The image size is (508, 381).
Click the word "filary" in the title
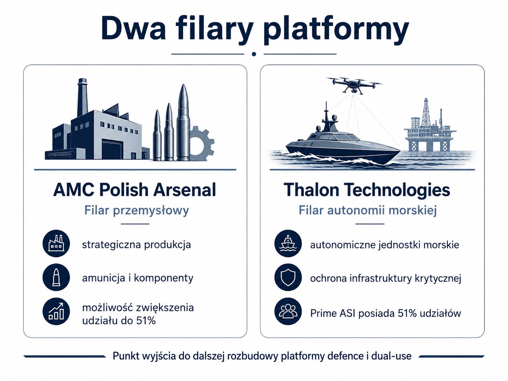(x=213, y=30)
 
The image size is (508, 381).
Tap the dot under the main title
(x=254, y=54)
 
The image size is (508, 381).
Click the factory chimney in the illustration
(x=82, y=97)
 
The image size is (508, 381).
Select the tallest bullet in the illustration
(x=183, y=122)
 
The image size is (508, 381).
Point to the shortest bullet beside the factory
(x=158, y=135)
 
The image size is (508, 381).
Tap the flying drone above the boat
(x=354, y=85)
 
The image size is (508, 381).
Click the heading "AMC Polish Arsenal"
(x=134, y=190)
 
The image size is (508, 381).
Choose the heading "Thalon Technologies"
(x=367, y=190)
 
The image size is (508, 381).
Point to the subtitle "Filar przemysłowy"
(x=136, y=211)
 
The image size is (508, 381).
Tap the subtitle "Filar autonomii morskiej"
(x=368, y=210)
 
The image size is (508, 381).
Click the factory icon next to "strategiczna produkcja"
(x=56, y=243)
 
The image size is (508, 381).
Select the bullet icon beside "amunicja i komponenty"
(x=56, y=277)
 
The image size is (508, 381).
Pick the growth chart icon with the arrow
(x=56, y=312)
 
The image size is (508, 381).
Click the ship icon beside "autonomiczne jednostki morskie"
(x=288, y=243)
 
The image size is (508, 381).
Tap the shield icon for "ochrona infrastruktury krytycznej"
(x=288, y=277)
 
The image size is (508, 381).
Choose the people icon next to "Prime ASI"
(x=288, y=312)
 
